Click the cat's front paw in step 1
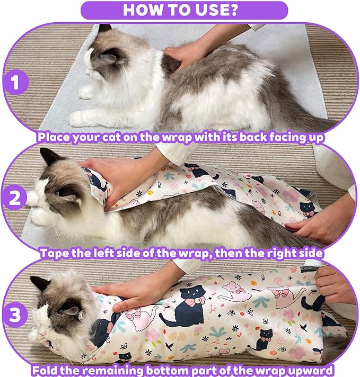(85, 93)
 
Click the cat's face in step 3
(56, 310)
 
